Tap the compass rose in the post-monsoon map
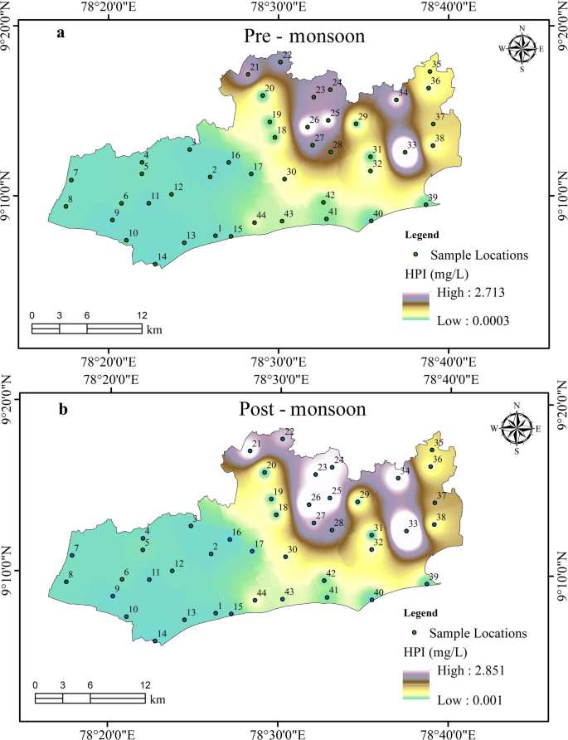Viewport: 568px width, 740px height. pyautogui.click(x=517, y=429)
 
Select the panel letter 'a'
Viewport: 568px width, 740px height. pyautogui.click(x=61, y=33)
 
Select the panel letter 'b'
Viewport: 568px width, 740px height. pyautogui.click(x=61, y=408)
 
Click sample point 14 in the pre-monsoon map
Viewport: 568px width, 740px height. pyautogui.click(x=155, y=264)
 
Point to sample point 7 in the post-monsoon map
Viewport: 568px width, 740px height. pyautogui.click(x=72, y=555)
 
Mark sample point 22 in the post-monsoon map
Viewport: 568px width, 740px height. pyautogui.click(x=282, y=439)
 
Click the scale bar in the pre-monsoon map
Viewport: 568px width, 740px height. pyautogui.click(x=86, y=329)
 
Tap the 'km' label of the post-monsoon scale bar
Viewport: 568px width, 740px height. pyautogui.click(x=158, y=699)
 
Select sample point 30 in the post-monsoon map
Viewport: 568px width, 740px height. pyautogui.click(x=285, y=557)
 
